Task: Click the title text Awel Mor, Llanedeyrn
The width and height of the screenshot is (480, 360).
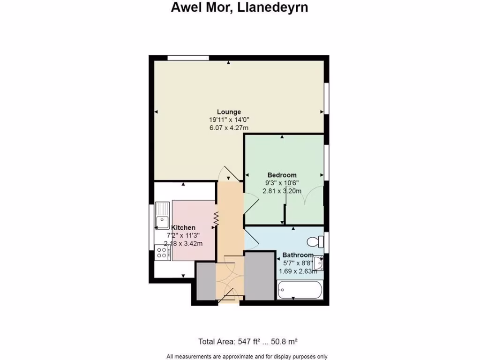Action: [240, 8]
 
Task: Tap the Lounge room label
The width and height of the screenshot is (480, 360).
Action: [229, 112]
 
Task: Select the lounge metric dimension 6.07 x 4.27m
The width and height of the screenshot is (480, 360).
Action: [229, 127]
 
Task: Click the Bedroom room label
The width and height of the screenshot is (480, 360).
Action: [282, 175]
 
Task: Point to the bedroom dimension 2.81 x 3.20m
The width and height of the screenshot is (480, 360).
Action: [282, 191]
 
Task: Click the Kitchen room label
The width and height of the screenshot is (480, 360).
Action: [183, 227]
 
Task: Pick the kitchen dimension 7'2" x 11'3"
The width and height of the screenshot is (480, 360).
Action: [183, 235]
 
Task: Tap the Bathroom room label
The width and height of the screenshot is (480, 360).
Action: [297, 255]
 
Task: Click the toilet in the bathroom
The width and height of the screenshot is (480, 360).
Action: [315, 242]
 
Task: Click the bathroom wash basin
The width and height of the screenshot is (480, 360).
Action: [318, 262]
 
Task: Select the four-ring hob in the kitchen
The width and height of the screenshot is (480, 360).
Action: [163, 253]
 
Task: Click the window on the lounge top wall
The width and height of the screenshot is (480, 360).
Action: [188, 58]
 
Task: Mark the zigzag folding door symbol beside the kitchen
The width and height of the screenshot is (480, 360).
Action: [217, 219]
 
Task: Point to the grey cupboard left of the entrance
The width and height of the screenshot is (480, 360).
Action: [205, 281]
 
